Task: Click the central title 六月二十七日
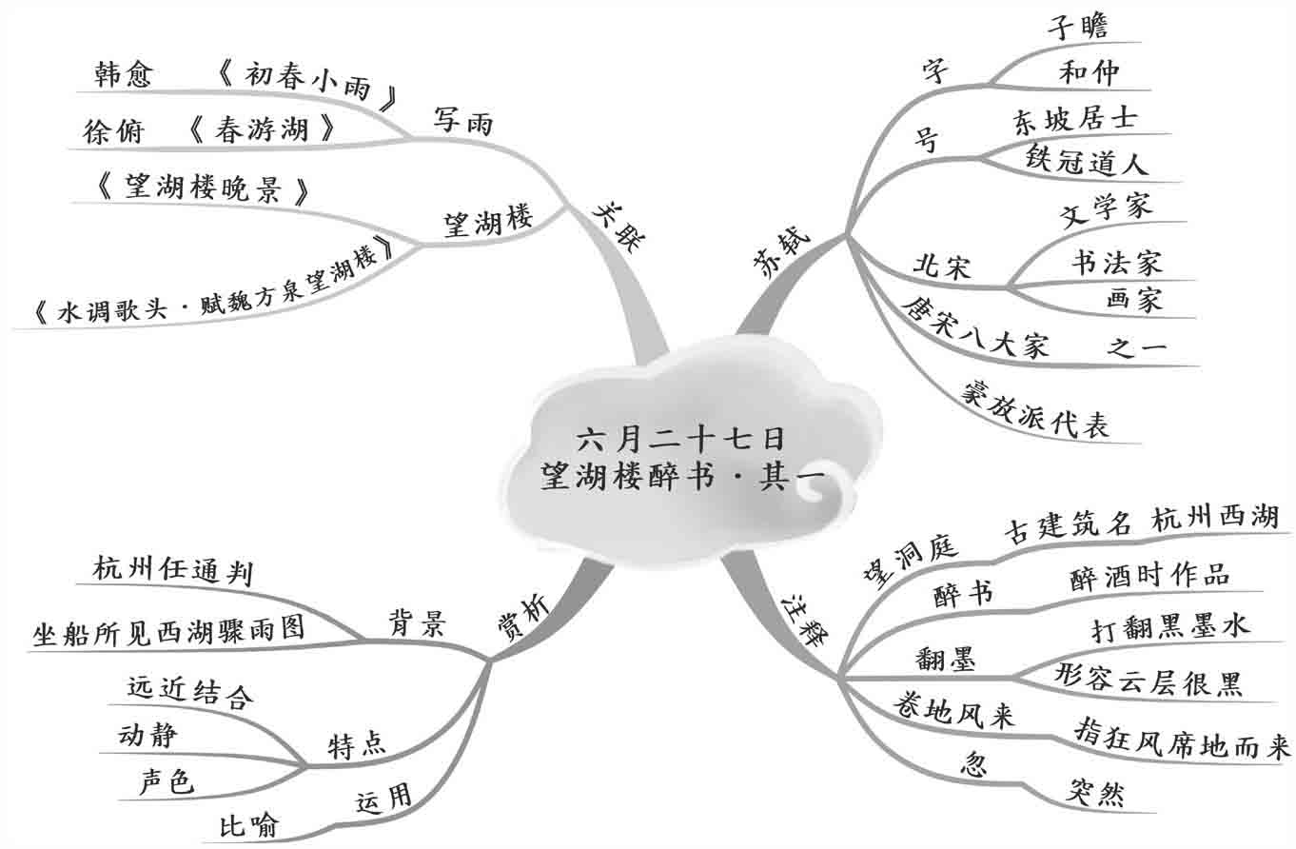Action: click(681, 439)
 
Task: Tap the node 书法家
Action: click(1116, 261)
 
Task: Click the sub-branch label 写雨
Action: click(464, 121)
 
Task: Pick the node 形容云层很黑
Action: click(1149, 680)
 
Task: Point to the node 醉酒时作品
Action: click(1149, 575)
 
